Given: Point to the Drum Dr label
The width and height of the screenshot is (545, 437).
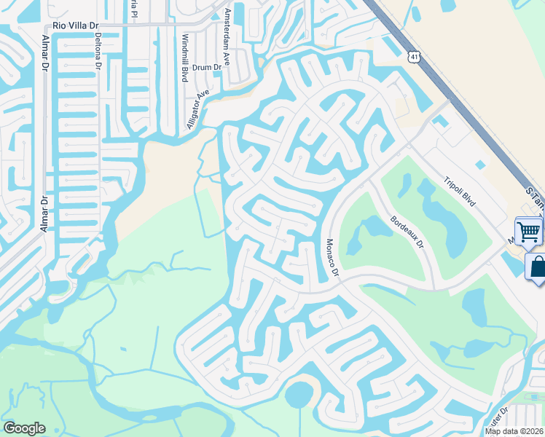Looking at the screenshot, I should [207, 67].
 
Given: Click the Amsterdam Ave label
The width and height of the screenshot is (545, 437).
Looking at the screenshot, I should [227, 36].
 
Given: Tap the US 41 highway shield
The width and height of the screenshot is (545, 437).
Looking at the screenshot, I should [414, 55].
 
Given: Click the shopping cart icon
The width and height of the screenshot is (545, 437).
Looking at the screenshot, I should [530, 232].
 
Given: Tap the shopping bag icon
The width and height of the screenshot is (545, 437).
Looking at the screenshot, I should [538, 266].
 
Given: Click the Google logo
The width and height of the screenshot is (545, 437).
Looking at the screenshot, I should [24, 428].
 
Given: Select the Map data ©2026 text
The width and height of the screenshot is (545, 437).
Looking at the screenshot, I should [514, 431].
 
